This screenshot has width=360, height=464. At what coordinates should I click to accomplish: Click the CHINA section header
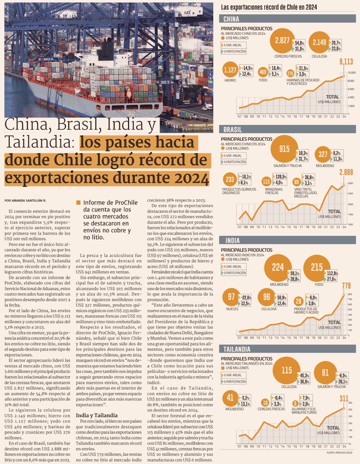231,19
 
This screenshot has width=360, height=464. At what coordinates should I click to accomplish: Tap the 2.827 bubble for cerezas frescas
282,41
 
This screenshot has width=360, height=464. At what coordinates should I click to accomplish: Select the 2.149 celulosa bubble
319,42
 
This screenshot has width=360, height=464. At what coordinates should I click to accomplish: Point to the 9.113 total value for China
346,62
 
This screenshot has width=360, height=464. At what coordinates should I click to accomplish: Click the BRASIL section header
233,129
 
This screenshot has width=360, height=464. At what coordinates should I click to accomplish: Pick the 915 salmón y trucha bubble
284,149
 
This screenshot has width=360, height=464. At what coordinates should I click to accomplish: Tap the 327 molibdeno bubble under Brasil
323,154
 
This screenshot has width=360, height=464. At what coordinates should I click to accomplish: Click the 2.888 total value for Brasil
346,172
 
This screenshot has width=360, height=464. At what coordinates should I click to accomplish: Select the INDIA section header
232,240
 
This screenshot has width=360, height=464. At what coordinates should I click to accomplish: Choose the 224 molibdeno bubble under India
278,267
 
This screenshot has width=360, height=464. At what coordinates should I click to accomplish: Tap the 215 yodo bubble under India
317,267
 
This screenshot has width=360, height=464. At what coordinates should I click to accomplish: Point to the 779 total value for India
346,286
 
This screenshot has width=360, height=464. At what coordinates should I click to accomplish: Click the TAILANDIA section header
237,349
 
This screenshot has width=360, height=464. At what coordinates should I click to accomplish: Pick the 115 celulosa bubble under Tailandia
287,370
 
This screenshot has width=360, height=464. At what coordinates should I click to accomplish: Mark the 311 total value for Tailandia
344,398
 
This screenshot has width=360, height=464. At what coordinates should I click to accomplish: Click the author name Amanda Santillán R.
25,200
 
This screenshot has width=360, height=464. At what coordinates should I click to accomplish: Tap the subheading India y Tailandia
96,415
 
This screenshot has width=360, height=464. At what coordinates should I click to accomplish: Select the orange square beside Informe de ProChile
78,203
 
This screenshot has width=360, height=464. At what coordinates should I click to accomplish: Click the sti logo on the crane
187,12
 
